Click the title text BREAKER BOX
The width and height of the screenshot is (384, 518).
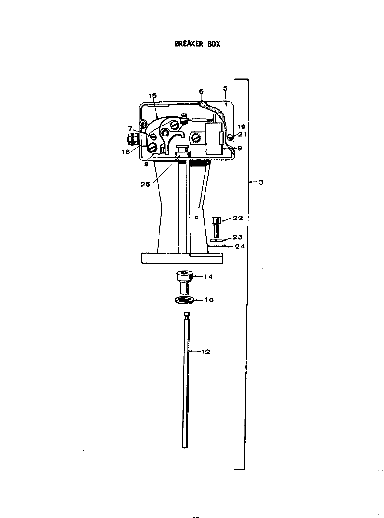pyautogui.click(x=197, y=44)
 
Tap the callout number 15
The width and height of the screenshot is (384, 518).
pyautogui.click(x=153, y=95)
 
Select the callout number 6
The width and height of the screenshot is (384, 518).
pyautogui.click(x=201, y=91)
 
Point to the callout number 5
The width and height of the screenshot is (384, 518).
pyautogui.click(x=225, y=88)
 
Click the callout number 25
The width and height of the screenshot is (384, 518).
pyautogui.click(x=146, y=184)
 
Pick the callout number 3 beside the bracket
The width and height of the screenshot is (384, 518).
pyautogui.click(x=261, y=182)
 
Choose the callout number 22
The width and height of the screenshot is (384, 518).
pyautogui.click(x=238, y=218)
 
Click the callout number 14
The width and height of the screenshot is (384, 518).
pyautogui.click(x=208, y=276)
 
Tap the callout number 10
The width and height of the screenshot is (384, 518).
pyautogui.click(x=209, y=300)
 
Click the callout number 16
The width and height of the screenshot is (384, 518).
pyautogui.click(x=126, y=152)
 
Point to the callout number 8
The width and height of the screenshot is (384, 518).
pyautogui.click(x=146, y=164)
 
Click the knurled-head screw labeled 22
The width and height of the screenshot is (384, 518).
pyautogui.click(x=217, y=227)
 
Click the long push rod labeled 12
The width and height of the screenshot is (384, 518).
pyautogui.click(x=186, y=380)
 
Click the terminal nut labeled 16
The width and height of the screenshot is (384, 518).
pyautogui.click(x=131, y=139)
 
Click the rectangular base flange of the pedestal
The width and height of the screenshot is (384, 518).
pyautogui.click(x=182, y=258)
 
